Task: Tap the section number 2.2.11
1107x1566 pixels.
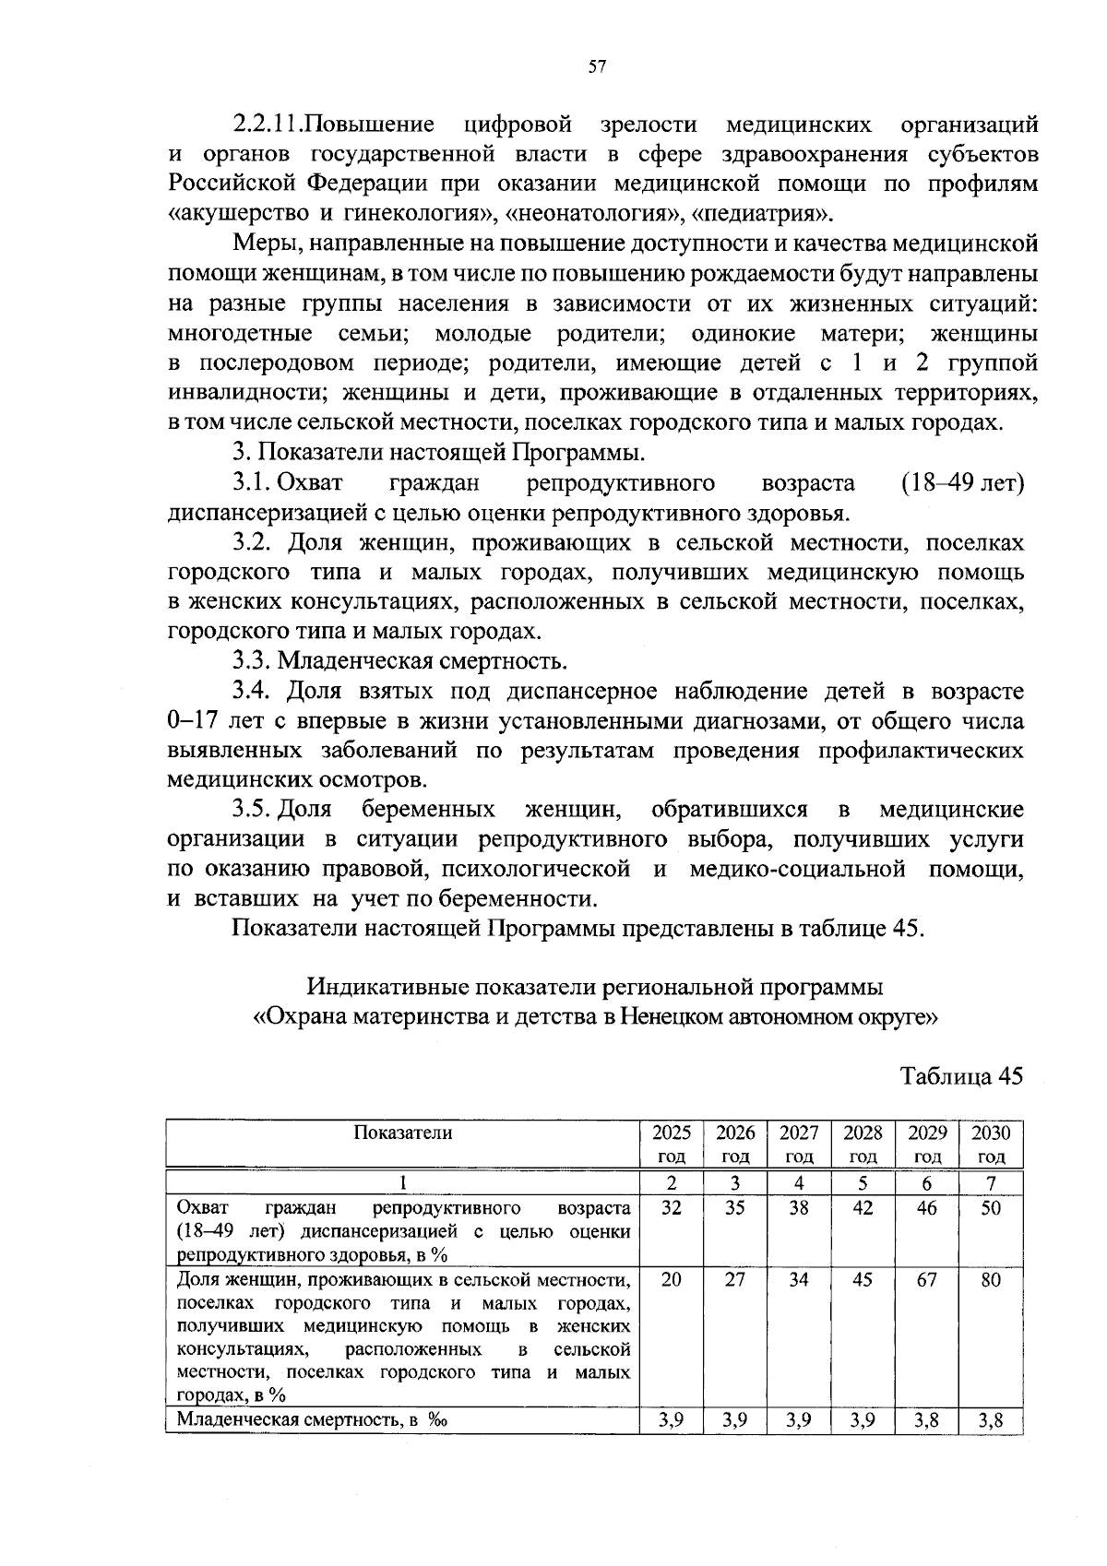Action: pos(268,125)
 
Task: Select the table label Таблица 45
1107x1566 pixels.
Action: pos(961,1076)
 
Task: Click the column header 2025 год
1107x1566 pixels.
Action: pos(671,1144)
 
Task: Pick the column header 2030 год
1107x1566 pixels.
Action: pos(991,1144)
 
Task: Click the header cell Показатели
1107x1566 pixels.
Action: pos(403,1133)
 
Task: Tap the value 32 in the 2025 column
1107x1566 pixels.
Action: pos(671,1207)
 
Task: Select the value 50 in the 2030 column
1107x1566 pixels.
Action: pos(991,1207)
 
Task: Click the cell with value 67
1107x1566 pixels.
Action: pos(926,1280)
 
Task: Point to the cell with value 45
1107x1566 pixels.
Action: pos(863,1280)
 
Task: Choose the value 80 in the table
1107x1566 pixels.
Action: pos(991,1280)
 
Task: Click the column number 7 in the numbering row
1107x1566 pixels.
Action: pos(991,1183)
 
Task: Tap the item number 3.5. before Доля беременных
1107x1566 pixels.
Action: pos(250,810)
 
